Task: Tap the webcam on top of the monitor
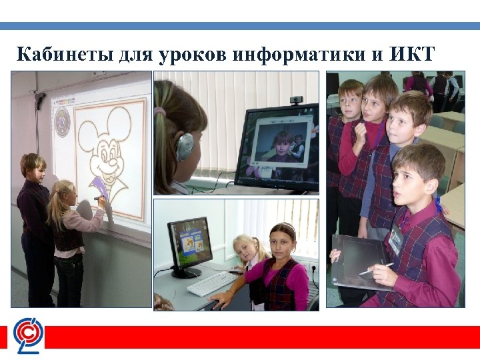point(296,100)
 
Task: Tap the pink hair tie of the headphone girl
point(160,111)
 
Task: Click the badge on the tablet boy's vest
point(395,239)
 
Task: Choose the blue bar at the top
point(240,26)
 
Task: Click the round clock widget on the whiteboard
point(62,122)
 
